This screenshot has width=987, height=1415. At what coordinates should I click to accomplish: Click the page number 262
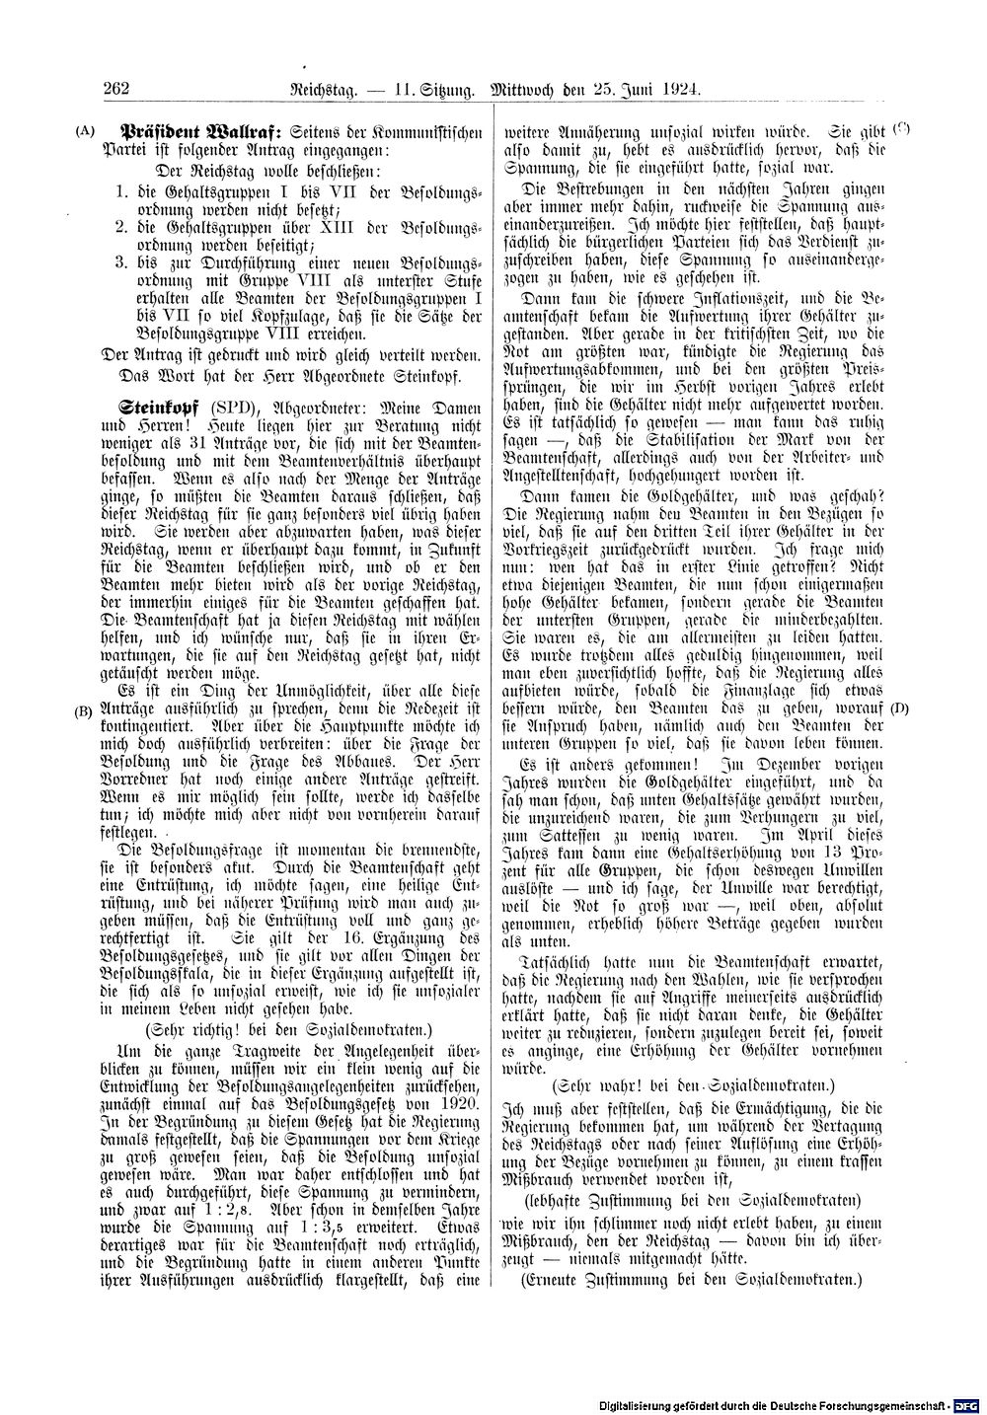coord(117,89)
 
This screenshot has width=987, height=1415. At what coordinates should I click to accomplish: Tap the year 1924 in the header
coord(679,89)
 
